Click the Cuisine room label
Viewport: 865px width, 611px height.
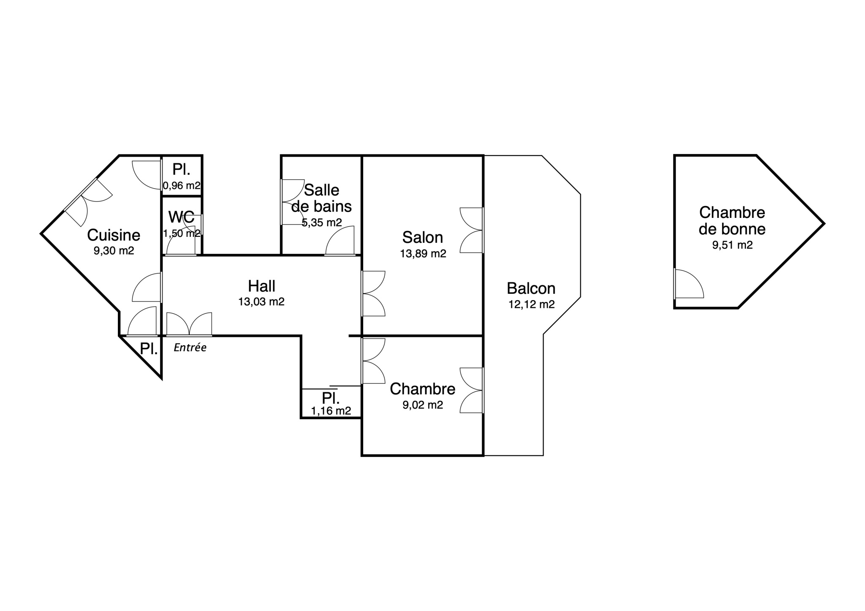[114, 235]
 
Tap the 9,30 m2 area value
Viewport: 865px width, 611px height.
[114, 251]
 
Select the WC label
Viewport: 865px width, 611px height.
[182, 217]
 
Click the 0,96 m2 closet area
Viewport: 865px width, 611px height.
[182, 185]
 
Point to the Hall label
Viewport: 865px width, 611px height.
[261, 286]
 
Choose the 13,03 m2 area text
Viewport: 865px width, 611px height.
[261, 302]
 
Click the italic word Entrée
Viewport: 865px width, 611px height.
[190, 348]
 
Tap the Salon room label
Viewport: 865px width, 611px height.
[423, 237]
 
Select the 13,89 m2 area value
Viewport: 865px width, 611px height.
[423, 254]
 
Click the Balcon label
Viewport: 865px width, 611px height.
[531, 288]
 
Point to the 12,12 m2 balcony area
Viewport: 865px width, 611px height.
[532, 304]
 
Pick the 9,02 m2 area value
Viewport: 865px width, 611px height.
[423, 405]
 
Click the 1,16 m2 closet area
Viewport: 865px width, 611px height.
[331, 411]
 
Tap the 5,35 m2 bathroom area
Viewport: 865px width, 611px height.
[322, 223]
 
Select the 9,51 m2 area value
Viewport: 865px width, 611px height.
[732, 245]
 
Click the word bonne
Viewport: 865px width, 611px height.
[743, 229]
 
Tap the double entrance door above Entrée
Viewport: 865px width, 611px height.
[189, 324]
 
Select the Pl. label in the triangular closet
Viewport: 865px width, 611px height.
[149, 349]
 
